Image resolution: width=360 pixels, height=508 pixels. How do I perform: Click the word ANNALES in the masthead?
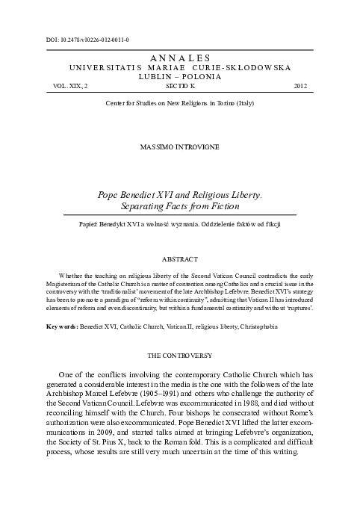coord(180,58)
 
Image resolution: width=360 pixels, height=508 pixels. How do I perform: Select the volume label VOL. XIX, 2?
coord(66,87)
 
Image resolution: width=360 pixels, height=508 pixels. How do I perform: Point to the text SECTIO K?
coord(180,87)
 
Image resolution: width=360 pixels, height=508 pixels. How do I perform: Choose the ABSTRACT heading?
coord(180,260)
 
